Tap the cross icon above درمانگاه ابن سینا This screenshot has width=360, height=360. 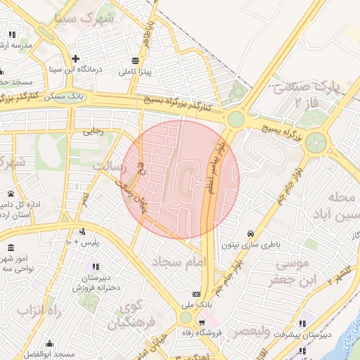(75, 58)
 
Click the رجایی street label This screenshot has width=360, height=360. (94, 131)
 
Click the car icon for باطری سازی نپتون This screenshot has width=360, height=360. (250, 233)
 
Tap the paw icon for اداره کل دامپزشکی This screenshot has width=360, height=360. (11, 193)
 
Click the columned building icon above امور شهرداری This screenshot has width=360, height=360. (11, 249)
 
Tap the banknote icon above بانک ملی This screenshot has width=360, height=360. (196, 294)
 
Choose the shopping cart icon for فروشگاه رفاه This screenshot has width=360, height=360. (202, 322)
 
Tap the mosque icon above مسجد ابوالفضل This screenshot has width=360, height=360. (50, 344)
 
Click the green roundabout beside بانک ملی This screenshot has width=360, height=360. (185, 317)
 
